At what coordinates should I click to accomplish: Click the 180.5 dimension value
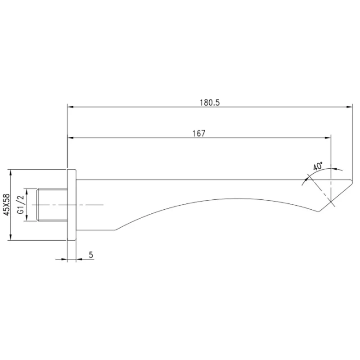pyautogui.click(x=209, y=103)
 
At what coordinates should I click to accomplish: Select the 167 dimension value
pyautogui.click(x=199, y=133)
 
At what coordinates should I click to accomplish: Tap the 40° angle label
pyautogui.click(x=318, y=166)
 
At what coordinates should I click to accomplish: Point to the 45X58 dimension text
pyautogui.click(x=7, y=205)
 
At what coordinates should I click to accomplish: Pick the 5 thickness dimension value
pyautogui.click(x=91, y=255)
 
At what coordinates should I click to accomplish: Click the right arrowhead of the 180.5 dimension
pyautogui.click(x=350, y=107)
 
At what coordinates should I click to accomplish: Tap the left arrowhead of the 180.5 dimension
pyautogui.click(x=70, y=107)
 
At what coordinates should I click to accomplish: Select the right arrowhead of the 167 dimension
pyautogui.click(x=328, y=138)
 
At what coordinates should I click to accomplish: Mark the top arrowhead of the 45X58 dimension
pyautogui.click(x=10, y=173)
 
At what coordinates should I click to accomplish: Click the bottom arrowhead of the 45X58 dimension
pyautogui.click(x=10, y=238)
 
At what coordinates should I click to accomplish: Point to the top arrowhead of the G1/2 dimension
pyautogui.click(x=27, y=192)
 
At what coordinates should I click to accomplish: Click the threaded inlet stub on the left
pyautogui.click(x=52, y=205)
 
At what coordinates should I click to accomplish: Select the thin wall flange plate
pyautogui.click(x=72, y=205)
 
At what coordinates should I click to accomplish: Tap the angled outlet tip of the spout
pyautogui.click(x=336, y=195)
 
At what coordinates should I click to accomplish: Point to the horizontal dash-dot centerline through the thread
pyautogui.click(x=68, y=205)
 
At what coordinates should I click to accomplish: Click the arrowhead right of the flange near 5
pyautogui.click(x=79, y=259)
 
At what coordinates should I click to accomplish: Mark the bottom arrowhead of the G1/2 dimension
pyautogui.click(x=27, y=218)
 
